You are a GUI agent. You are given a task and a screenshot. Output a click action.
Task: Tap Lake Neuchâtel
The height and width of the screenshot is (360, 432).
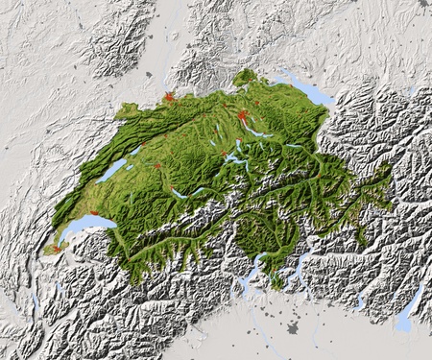click(x=112, y=170)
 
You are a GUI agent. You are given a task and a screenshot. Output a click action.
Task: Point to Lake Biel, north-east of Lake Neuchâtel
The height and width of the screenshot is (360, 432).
click(x=135, y=151)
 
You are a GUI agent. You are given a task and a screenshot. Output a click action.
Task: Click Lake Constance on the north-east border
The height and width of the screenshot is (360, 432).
click(x=305, y=89)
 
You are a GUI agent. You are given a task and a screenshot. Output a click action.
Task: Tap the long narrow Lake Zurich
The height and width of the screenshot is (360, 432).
click(x=261, y=133)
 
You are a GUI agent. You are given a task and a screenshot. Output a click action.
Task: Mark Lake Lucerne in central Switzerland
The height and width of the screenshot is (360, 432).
click(x=235, y=157)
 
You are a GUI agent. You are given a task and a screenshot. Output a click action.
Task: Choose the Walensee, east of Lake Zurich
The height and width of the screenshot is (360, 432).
click(x=293, y=145)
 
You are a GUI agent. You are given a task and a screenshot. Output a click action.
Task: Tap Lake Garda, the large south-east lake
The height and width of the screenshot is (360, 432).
click(x=409, y=312)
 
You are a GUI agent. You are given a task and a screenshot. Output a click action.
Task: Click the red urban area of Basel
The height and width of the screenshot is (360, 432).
click(x=169, y=97)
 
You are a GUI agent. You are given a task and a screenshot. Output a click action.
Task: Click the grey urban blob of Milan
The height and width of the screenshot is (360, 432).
click(x=292, y=328)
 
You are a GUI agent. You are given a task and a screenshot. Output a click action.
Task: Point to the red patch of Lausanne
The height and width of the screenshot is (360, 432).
click(x=94, y=213)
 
